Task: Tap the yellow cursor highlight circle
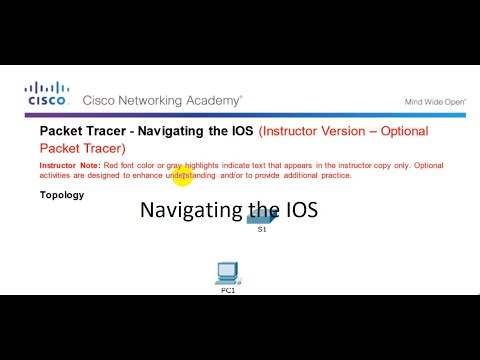coord(182,177)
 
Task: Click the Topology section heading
coord(62,195)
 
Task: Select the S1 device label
coord(262,229)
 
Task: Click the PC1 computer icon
coord(228,271)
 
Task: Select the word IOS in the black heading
coord(240,131)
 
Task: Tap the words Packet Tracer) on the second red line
coord(82,148)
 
